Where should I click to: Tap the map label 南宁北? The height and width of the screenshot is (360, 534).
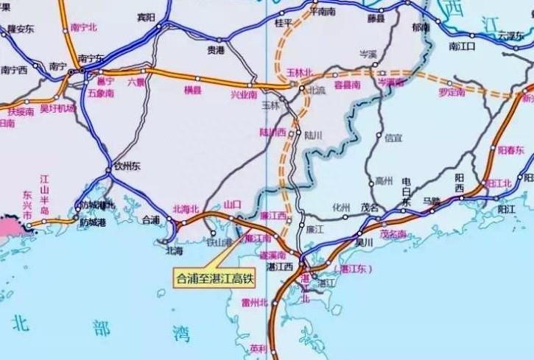[83, 27]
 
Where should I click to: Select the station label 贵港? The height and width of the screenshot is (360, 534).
[214, 51]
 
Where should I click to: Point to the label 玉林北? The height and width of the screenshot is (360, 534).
[299, 72]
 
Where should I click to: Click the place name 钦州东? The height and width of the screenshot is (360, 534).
[126, 166]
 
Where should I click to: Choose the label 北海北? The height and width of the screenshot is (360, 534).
[186, 209]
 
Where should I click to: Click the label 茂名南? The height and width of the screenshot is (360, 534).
[393, 234]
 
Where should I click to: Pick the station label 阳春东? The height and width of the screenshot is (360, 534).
[510, 149]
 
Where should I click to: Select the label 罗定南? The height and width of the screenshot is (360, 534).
[452, 93]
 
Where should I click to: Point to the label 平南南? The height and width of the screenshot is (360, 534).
[323, 12]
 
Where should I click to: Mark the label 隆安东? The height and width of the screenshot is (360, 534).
[21, 29]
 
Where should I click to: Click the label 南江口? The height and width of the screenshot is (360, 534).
[462, 46]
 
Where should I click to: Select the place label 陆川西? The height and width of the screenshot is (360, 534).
[272, 133]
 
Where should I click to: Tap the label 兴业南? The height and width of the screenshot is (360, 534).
[244, 95]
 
